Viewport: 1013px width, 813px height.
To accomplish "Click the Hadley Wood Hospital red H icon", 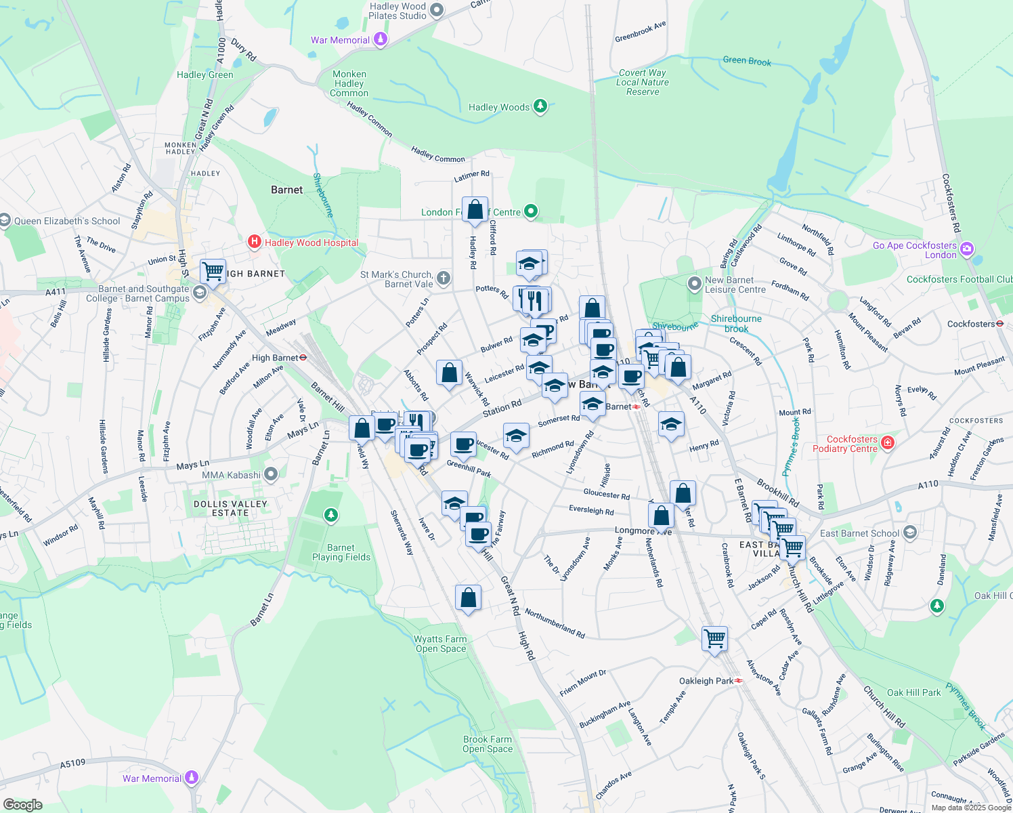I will (x=254, y=242).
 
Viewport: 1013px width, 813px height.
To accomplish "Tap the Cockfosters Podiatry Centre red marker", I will (x=888, y=444).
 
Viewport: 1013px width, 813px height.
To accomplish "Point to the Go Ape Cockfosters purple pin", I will (x=966, y=250).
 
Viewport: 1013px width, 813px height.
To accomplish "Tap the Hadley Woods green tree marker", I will (x=540, y=106).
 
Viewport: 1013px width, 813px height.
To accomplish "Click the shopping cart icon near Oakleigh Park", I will (x=714, y=638).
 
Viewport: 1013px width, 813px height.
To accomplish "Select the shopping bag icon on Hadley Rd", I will (x=475, y=209).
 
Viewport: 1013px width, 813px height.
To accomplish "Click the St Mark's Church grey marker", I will (x=443, y=278).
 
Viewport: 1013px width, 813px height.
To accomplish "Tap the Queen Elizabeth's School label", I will (x=67, y=221).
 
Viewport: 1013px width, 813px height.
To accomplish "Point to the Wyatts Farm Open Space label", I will (x=441, y=644).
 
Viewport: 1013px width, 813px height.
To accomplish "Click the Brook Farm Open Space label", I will (x=488, y=744).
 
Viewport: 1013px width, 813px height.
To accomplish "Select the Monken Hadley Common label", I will (x=349, y=83).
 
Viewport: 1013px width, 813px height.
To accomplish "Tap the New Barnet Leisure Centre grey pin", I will (x=694, y=284).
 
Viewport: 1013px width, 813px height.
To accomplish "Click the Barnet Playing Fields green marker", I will (x=331, y=516).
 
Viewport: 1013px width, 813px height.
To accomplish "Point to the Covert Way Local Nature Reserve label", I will (x=643, y=82).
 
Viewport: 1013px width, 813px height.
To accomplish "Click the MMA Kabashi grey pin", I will (x=271, y=474).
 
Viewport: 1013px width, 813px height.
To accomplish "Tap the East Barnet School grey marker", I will (x=909, y=533).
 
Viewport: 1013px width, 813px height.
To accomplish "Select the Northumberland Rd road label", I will (x=555, y=624).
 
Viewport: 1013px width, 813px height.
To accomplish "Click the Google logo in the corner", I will (x=22, y=804).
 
